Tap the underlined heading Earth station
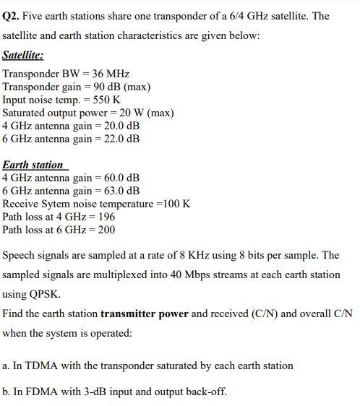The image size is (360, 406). click(33, 165)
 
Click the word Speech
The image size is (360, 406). click(22, 256)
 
